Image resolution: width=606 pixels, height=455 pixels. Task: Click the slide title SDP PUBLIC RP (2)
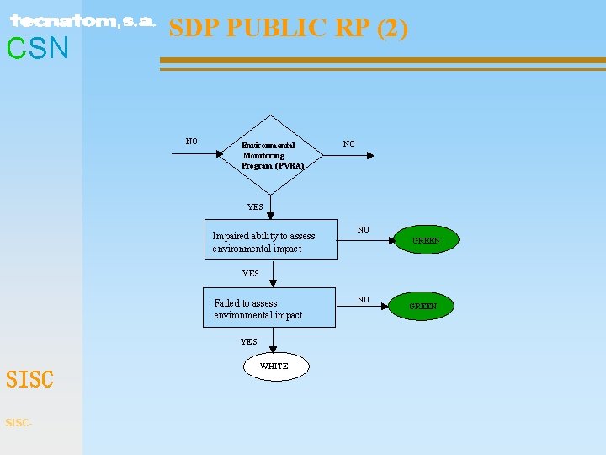(289, 28)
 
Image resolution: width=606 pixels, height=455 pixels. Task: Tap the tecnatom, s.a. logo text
(82, 22)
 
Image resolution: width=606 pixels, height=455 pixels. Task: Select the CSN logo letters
(38, 49)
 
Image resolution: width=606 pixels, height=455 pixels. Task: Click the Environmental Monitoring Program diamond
(271, 155)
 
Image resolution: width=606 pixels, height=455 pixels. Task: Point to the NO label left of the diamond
(192, 142)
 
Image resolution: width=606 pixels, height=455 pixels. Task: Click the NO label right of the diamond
(348, 144)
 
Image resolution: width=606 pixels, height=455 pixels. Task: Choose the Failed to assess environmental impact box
(269, 308)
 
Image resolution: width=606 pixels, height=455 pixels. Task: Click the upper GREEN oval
(426, 240)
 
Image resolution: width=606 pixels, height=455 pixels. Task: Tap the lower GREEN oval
(423, 306)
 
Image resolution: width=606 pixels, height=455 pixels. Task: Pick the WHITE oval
(275, 367)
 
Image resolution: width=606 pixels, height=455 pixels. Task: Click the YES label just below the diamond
(255, 206)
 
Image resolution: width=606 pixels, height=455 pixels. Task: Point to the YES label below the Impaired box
(251, 273)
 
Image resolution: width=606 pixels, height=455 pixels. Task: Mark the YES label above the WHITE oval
(249, 341)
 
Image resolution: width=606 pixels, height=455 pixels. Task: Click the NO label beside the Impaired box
(363, 229)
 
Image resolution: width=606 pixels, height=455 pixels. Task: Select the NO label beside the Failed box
(363, 299)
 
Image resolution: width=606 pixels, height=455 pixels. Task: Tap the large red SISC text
(29, 380)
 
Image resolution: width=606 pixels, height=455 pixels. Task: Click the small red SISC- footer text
(19, 422)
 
